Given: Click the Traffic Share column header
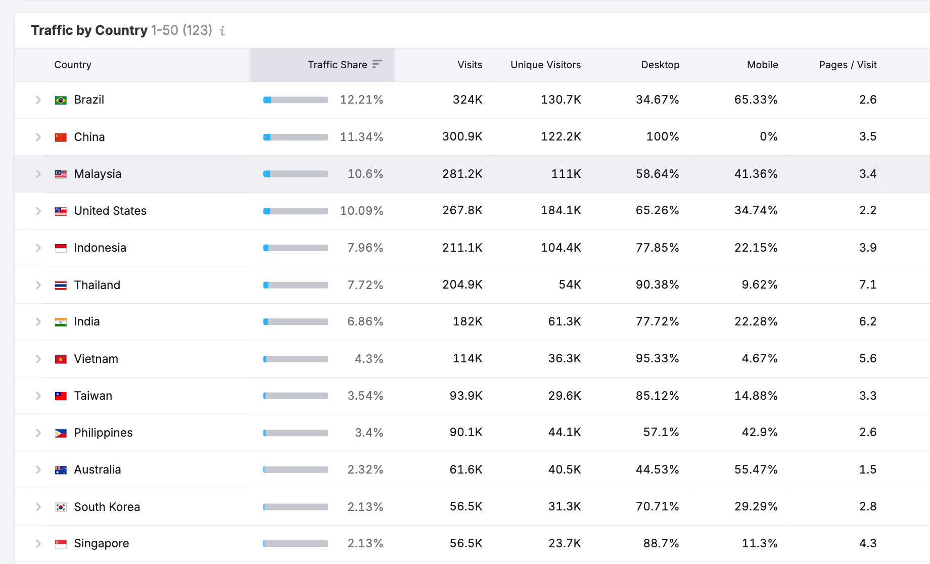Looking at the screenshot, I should pyautogui.click(x=337, y=65).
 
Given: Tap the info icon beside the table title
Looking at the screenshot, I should pyautogui.click(x=222, y=31).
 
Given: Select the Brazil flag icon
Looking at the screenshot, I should pyautogui.click(x=61, y=100).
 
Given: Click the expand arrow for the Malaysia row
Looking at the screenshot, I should pyautogui.click(x=38, y=174).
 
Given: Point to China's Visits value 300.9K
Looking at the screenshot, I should pyautogui.click(x=462, y=136).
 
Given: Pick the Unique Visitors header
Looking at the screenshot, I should pyautogui.click(x=545, y=65).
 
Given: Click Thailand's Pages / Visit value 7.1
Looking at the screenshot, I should pyautogui.click(x=867, y=285).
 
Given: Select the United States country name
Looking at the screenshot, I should pyautogui.click(x=110, y=211).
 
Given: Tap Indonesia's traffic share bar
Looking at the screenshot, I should pyautogui.click(x=296, y=248).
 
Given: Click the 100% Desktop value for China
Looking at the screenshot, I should pyautogui.click(x=662, y=136).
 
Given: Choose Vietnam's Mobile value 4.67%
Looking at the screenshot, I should pyautogui.click(x=759, y=358).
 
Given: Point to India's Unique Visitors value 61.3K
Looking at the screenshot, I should pyautogui.click(x=564, y=321).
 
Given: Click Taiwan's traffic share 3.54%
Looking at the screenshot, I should pyautogui.click(x=365, y=396).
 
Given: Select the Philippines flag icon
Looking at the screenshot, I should pyautogui.click(x=61, y=433).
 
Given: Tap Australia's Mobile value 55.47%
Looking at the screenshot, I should pyautogui.click(x=756, y=469).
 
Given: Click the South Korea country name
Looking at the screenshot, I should pyautogui.click(x=107, y=507).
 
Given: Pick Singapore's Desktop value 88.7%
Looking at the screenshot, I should pyautogui.click(x=661, y=543).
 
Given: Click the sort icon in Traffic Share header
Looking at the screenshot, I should pyautogui.click(x=377, y=64).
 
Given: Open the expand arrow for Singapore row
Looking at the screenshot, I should pyautogui.click(x=38, y=544).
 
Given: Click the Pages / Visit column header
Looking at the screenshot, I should pyautogui.click(x=848, y=65).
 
